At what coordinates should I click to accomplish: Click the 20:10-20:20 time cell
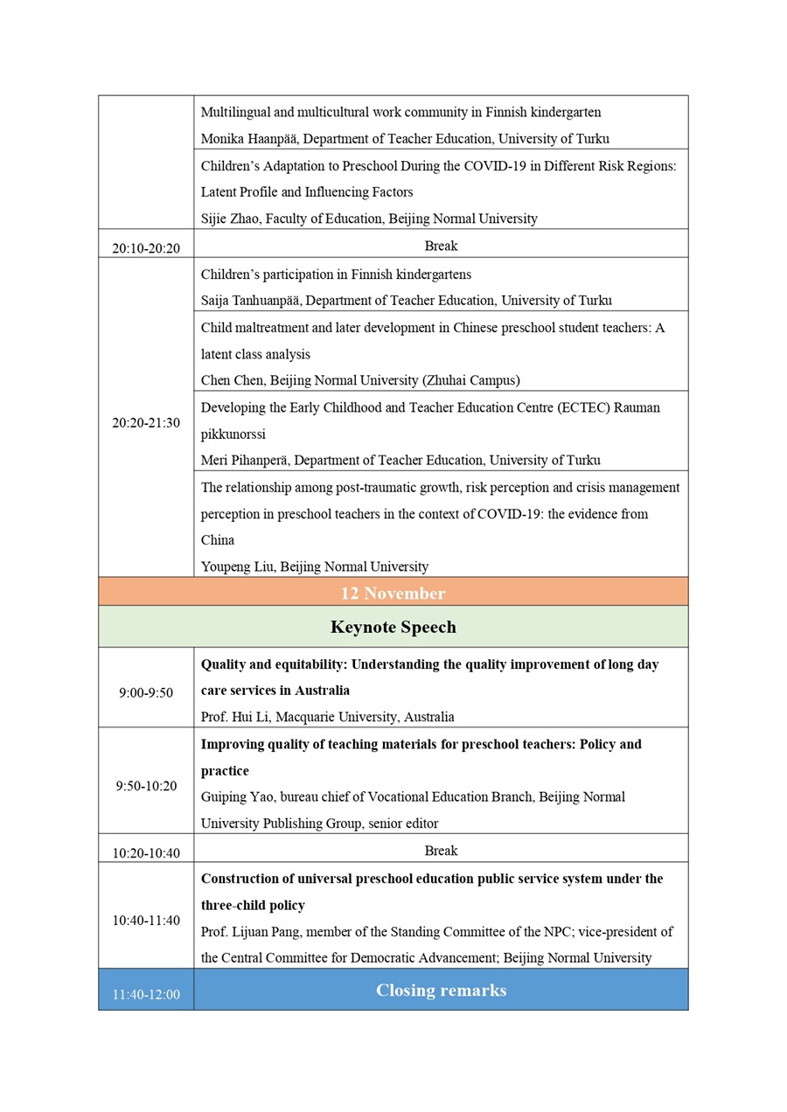[146, 248]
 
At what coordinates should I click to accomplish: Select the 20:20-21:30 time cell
[146, 423]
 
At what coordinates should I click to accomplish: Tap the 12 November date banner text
[393, 594]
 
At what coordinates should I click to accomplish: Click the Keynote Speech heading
[393, 627]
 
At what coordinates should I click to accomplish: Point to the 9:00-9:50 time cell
[146, 693]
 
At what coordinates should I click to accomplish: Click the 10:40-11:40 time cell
[146, 921]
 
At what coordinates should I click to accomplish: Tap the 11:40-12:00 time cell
[146, 995]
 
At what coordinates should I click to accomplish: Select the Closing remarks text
[441, 990]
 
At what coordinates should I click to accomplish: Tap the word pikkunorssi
[233, 434]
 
